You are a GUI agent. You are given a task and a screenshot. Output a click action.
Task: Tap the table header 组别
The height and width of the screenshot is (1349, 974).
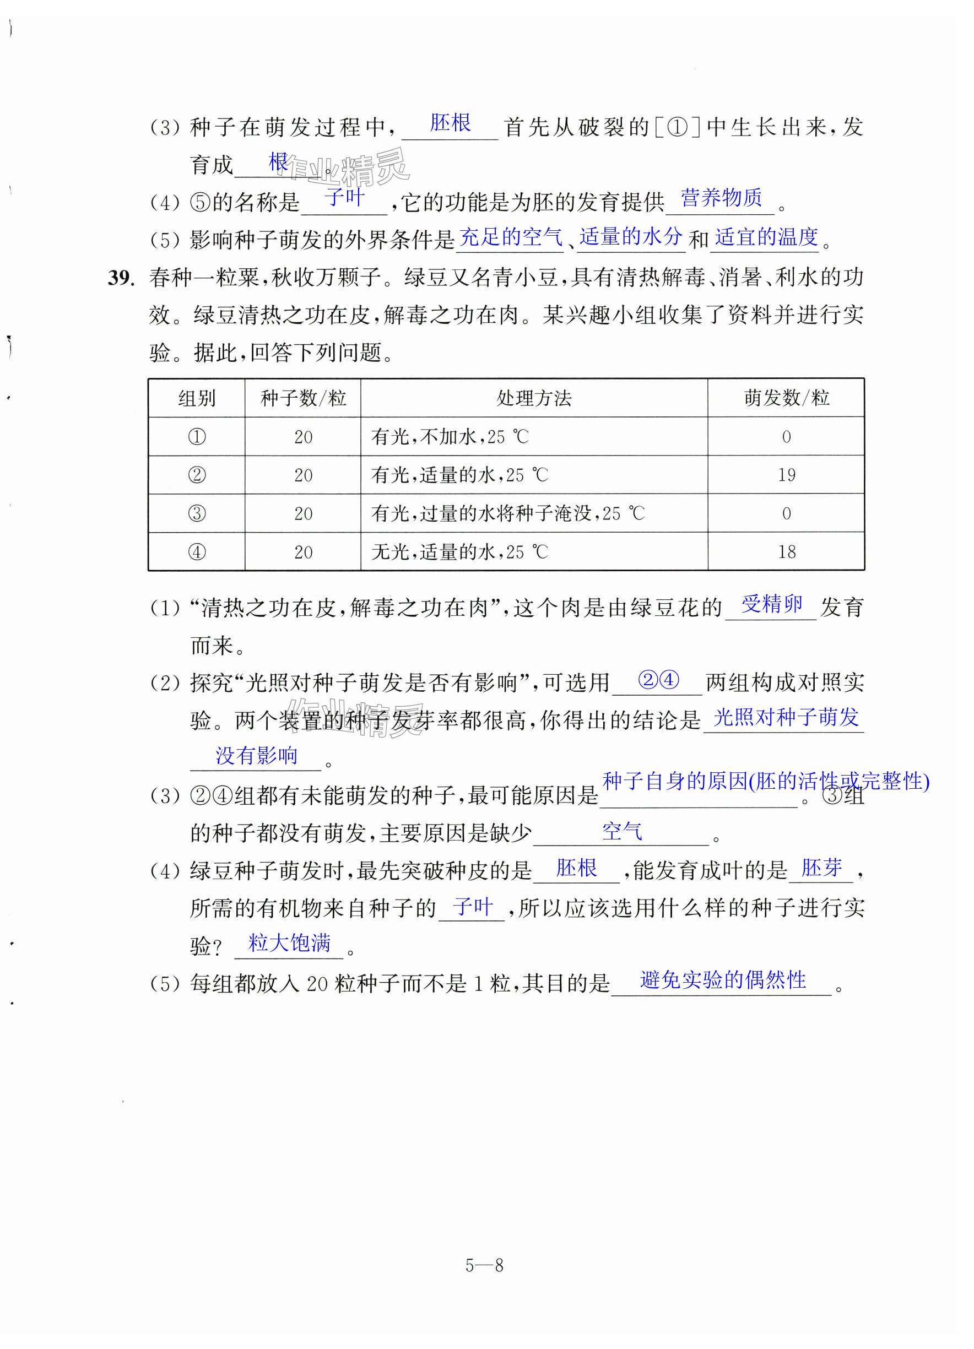click(x=196, y=398)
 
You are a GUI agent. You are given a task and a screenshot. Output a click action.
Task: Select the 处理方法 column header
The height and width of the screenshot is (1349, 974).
click(x=534, y=398)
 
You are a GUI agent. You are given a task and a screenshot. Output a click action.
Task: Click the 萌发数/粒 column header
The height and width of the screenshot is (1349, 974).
click(x=786, y=398)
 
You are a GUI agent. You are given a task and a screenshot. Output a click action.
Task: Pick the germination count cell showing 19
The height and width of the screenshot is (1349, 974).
click(x=786, y=475)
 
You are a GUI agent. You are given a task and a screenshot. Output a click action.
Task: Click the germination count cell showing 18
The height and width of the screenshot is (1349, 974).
click(x=786, y=551)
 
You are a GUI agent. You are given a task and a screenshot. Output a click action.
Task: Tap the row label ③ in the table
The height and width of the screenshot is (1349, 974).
click(x=196, y=513)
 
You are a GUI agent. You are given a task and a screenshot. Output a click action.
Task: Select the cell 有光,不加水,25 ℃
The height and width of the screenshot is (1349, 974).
click(x=449, y=437)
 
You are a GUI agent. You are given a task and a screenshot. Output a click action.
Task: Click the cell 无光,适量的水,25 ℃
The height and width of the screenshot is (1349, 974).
click(x=459, y=551)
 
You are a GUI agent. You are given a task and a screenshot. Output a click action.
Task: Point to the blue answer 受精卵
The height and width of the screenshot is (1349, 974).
click(x=772, y=604)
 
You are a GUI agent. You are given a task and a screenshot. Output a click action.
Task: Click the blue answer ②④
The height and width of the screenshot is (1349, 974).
click(x=658, y=679)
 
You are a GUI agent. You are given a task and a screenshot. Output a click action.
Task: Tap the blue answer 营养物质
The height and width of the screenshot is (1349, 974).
click(x=721, y=197)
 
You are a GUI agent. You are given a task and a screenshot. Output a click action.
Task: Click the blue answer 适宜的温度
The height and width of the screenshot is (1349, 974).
click(x=766, y=237)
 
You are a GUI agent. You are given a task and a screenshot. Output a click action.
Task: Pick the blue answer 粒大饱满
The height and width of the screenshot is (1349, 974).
click(x=289, y=942)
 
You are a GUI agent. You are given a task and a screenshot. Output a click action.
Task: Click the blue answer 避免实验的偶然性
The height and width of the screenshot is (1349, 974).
click(x=723, y=979)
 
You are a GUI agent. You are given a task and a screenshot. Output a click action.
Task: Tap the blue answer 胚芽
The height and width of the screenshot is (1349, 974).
click(x=822, y=868)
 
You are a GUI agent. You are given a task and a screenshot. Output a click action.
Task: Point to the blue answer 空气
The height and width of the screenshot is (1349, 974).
click(x=622, y=831)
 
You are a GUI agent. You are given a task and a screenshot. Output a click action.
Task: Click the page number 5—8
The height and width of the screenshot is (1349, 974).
click(x=484, y=1265)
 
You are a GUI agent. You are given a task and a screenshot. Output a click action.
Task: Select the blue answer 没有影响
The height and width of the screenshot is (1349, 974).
click(x=256, y=755)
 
